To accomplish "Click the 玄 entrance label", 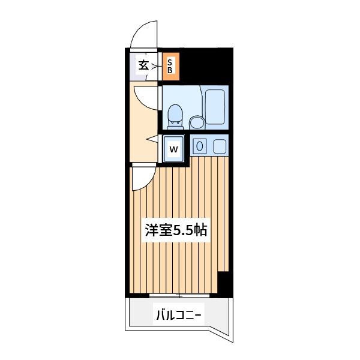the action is coord(143,65).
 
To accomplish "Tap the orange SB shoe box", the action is coord(171,67).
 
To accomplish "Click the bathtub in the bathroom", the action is coord(215,107).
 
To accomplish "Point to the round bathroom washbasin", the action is coord(197,122).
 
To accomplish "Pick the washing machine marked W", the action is coord(173,149).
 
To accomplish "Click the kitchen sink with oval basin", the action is coord(200,146).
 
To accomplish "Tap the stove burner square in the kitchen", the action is coord(220,146).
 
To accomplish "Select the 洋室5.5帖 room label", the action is coord(176,230).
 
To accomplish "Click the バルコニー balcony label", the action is coord(179,315).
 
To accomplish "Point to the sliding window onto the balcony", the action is coord(179,295).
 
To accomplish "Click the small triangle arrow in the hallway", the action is coord(152,139).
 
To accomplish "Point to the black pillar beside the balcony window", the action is coord(224,283).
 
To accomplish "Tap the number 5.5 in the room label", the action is coord(183,230).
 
